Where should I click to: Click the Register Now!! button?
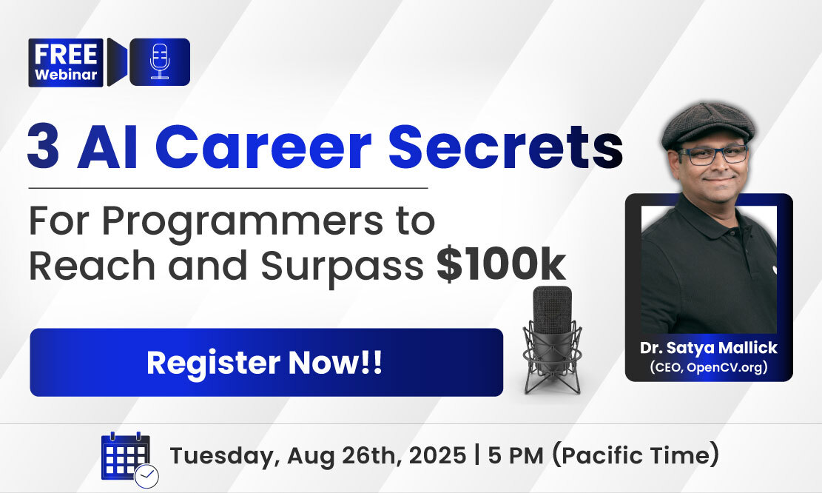(x=266, y=363)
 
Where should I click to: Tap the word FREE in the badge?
(x=66, y=55)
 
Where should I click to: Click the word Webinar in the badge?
(x=66, y=75)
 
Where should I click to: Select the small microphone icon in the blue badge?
(x=160, y=62)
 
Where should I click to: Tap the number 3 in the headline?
(x=43, y=147)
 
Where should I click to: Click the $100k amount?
(x=502, y=265)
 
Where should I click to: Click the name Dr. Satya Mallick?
(x=709, y=348)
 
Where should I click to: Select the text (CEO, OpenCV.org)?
(x=709, y=366)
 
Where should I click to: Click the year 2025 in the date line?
(x=437, y=455)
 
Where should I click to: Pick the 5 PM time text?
(x=516, y=455)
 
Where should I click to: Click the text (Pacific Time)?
(x=636, y=455)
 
